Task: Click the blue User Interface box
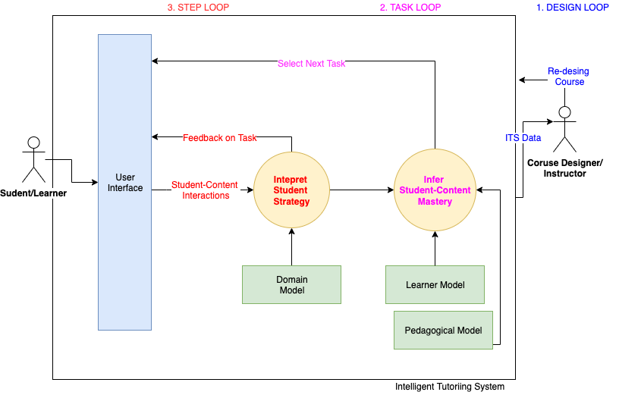click(124, 182)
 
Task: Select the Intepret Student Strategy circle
click(291, 190)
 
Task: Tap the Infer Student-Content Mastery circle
click(435, 190)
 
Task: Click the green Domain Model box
click(291, 284)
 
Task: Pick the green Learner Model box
click(435, 284)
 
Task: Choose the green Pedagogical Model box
click(443, 330)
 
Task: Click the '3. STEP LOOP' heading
click(197, 8)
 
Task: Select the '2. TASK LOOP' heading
click(410, 8)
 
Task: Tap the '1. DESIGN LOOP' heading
click(573, 8)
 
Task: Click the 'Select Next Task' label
click(311, 64)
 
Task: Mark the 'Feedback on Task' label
click(220, 138)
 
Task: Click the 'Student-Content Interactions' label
click(205, 190)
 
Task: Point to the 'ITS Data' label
click(523, 138)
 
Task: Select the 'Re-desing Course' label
click(568, 77)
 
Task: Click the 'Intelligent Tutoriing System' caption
click(450, 387)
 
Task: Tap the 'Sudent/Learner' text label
click(33, 193)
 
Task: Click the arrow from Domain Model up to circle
click(291, 246)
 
